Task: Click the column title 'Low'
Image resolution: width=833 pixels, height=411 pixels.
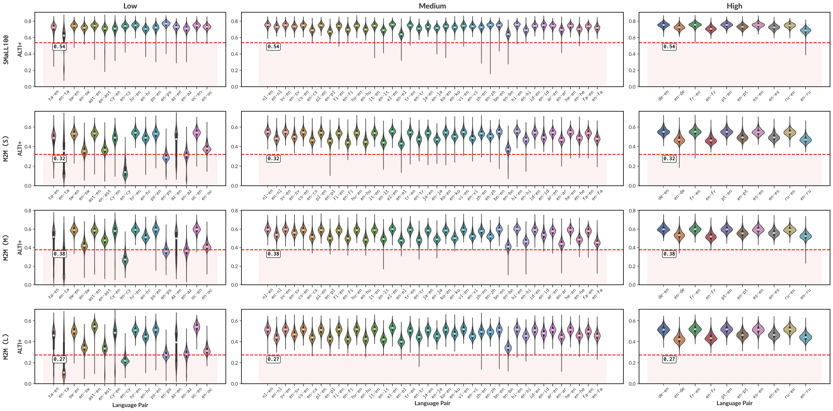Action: pos(130,6)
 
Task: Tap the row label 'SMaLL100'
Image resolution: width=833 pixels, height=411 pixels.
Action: pos(6,50)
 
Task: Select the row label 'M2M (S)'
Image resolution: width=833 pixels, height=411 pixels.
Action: pos(6,148)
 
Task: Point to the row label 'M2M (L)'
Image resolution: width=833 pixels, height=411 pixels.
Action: pos(6,347)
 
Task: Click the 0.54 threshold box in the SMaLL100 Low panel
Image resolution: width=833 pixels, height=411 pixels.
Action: pos(60,47)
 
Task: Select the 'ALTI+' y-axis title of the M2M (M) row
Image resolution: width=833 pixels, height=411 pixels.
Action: pos(20,247)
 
